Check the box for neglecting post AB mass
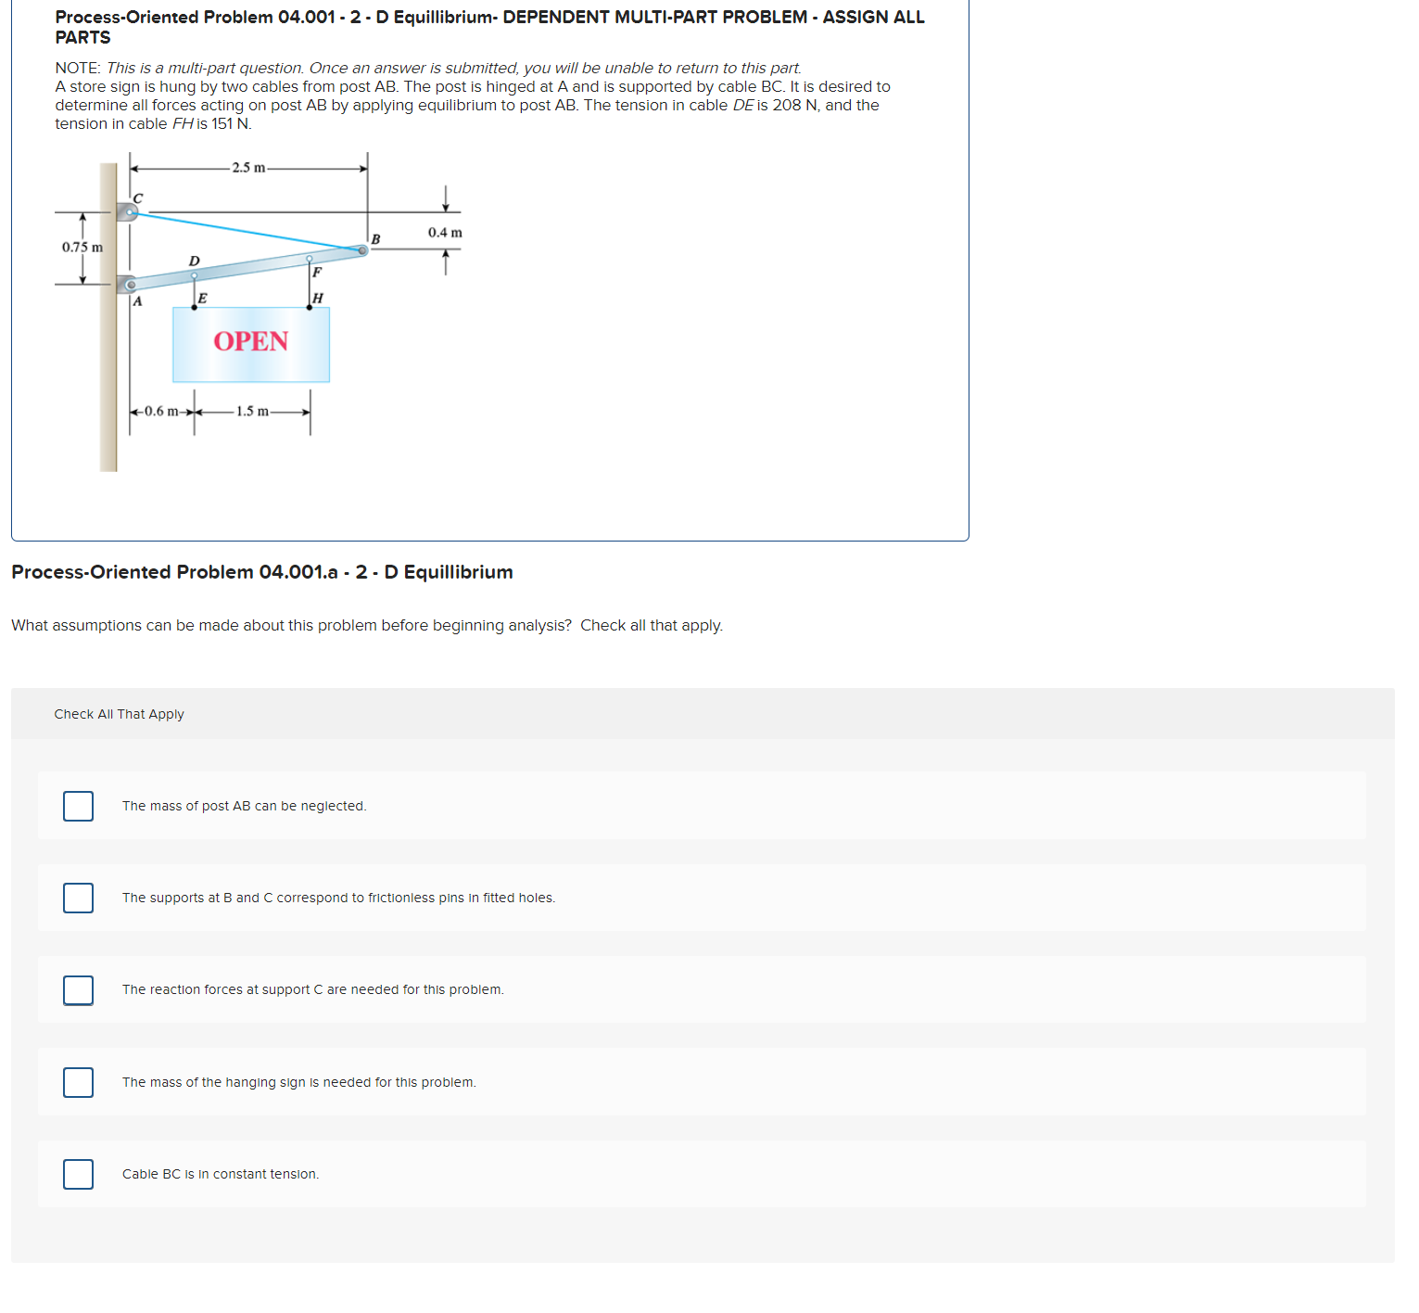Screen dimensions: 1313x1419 [x=78, y=806]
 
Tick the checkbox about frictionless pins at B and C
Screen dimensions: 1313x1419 [x=78, y=898]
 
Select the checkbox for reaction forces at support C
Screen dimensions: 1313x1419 [x=78, y=989]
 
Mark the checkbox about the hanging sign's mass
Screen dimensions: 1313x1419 [x=78, y=1082]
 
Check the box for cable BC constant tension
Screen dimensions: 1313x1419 [x=78, y=1174]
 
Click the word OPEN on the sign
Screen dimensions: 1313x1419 [x=250, y=342]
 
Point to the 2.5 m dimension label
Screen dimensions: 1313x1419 [x=248, y=168]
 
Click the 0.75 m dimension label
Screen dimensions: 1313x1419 [x=82, y=248]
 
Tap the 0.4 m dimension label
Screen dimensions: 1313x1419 [x=445, y=233]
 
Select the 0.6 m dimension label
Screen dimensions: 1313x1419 [x=161, y=412]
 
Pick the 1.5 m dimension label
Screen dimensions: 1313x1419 [x=252, y=412]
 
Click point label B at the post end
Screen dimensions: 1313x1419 [x=375, y=239]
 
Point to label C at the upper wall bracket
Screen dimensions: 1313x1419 [x=138, y=198]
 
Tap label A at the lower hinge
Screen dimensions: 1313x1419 [x=137, y=300]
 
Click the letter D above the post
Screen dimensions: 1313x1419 [x=194, y=261]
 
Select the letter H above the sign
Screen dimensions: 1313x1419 [x=318, y=298]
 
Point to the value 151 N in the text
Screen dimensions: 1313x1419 [x=231, y=124]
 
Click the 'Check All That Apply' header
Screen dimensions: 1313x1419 [x=119, y=714]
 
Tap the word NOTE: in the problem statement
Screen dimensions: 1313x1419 [x=78, y=69]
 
